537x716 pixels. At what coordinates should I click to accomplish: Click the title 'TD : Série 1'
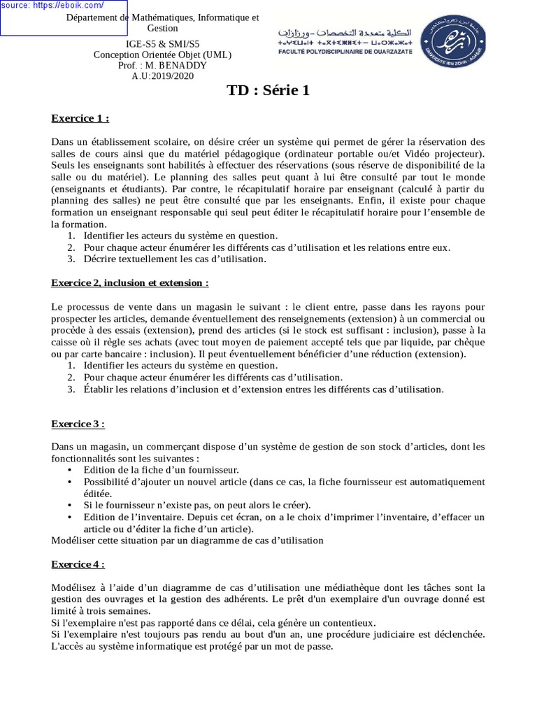tap(268, 90)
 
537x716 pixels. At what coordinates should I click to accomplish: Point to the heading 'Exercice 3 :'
tap(78, 424)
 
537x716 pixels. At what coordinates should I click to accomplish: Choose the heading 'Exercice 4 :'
tap(78, 564)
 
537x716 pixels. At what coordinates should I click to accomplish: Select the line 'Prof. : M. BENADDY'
tap(162, 65)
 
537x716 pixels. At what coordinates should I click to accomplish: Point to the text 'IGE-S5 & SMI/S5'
tap(162, 44)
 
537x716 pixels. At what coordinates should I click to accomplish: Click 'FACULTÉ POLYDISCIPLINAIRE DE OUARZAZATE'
tap(345, 52)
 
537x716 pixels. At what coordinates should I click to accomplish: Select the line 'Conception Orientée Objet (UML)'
tap(162, 55)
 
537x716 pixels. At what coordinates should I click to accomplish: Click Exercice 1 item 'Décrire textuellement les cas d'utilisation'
tap(175, 259)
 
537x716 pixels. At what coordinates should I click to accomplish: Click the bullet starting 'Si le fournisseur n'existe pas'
tap(197, 505)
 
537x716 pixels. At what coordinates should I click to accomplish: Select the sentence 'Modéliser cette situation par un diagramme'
tap(187, 540)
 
